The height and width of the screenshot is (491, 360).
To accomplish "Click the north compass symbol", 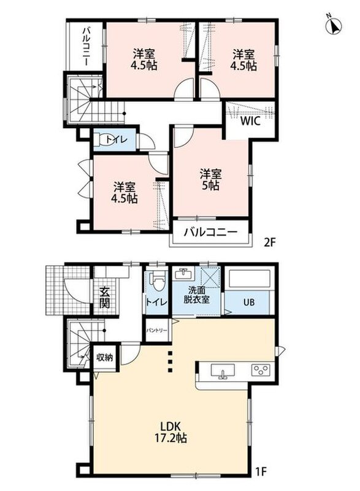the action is click(334, 26).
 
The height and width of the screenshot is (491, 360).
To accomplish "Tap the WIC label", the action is click(250, 121).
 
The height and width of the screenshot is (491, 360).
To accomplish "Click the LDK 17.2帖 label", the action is click(170, 431).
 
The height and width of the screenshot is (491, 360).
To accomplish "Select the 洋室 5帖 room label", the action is click(211, 179).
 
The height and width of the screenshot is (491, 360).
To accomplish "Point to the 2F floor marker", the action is click(269, 243).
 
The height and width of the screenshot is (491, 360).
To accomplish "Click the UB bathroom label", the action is click(249, 302).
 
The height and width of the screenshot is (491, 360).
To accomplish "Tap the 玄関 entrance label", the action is click(104, 298).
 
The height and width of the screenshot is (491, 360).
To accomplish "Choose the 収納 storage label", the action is click(104, 357).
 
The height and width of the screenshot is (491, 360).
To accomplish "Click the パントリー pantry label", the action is click(157, 330).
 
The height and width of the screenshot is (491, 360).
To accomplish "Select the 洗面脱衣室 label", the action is click(196, 295).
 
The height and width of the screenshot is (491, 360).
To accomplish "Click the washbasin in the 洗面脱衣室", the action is click(183, 274).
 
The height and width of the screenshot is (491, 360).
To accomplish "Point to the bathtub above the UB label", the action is click(249, 278).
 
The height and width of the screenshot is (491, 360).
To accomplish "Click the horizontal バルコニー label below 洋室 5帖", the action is click(211, 233).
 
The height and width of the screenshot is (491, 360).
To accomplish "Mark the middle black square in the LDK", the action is click(170, 362).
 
